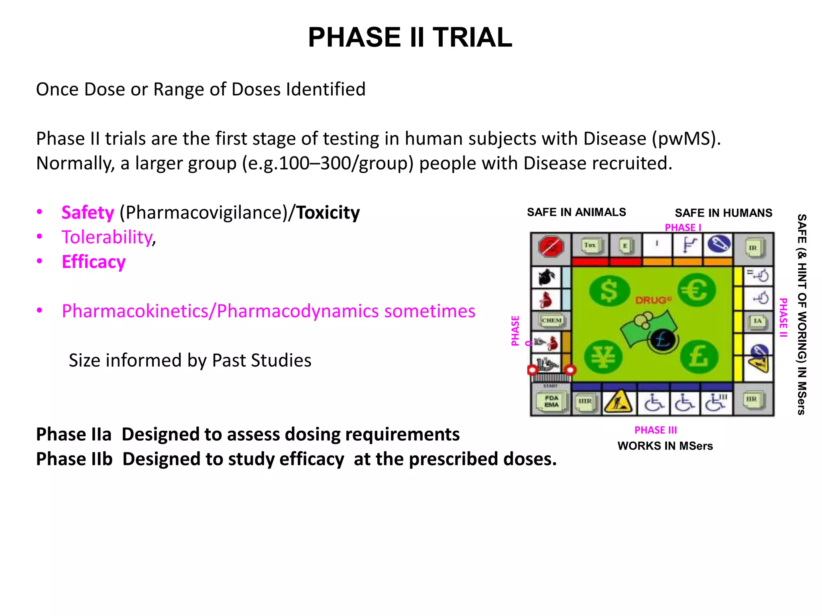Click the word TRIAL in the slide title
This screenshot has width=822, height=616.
pyautogui.click(x=472, y=37)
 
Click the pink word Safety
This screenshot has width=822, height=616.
pyautogui.click(x=87, y=213)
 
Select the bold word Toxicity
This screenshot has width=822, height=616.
pyautogui.click(x=328, y=213)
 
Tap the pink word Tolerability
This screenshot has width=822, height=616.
pyautogui.click(x=107, y=237)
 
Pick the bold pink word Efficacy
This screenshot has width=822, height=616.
pyautogui.click(x=94, y=262)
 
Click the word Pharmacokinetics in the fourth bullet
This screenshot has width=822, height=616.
pyautogui.click(x=136, y=311)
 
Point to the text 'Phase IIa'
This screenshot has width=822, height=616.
pyautogui.click(x=74, y=434)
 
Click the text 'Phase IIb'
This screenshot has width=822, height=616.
pyautogui.click(x=74, y=459)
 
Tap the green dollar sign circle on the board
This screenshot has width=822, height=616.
pyautogui.click(x=609, y=290)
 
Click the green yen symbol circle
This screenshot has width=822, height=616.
pyautogui.click(x=603, y=357)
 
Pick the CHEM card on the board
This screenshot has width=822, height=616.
pyautogui.click(x=551, y=320)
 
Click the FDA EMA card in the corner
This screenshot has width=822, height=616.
pyautogui.click(x=551, y=401)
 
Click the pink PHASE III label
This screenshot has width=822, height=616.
pyautogui.click(x=655, y=430)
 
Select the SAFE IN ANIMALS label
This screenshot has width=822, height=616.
pyautogui.click(x=576, y=212)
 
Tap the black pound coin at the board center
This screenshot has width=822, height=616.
pyautogui.click(x=663, y=340)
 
